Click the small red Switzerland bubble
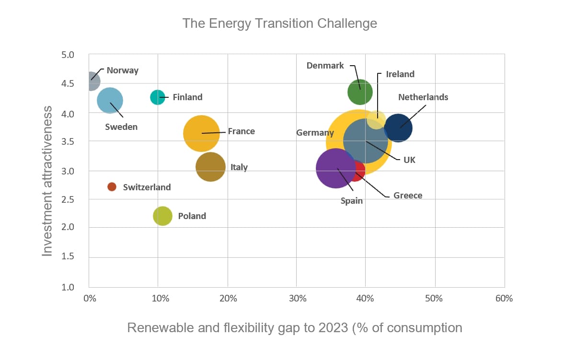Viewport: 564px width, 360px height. click(112, 186)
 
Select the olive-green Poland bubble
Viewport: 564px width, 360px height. click(162, 216)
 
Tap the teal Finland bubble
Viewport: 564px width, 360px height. click(157, 97)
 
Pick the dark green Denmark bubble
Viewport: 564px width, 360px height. click(360, 92)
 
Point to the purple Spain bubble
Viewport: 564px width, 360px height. click(335, 169)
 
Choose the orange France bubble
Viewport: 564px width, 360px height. click(201, 133)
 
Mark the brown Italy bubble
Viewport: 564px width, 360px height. click(210, 167)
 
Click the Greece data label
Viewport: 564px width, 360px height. click(408, 196)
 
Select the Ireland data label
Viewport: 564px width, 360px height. click(400, 74)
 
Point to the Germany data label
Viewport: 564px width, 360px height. click(315, 133)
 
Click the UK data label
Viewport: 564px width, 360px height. click(409, 160)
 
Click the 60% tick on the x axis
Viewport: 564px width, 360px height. click(504, 299)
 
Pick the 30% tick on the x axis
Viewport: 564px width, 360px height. click(297, 299)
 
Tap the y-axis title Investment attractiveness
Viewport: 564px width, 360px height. click(46, 181)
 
